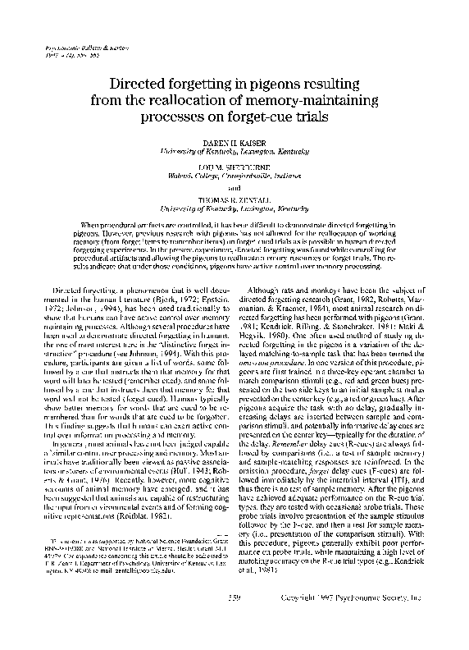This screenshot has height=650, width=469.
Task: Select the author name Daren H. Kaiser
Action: [x=234, y=143]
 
